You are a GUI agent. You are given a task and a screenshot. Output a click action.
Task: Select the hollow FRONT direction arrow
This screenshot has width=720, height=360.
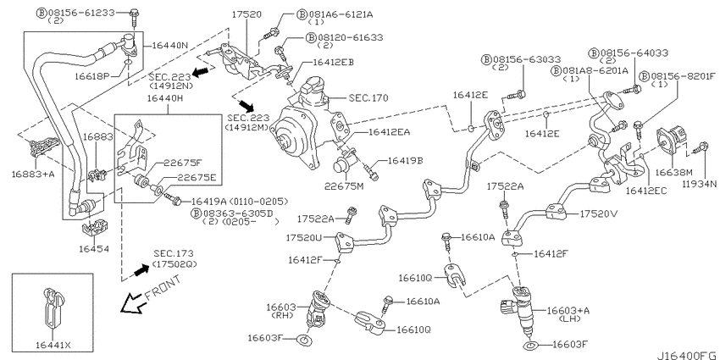point(131,302)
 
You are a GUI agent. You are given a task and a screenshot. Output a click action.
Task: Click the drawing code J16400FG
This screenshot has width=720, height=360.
point(688,356)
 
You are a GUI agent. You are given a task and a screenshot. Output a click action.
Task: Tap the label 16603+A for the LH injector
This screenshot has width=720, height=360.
point(568,311)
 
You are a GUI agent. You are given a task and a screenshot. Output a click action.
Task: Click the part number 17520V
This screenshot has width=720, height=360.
point(595,213)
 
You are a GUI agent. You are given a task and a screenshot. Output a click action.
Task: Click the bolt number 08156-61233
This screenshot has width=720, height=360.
point(85,13)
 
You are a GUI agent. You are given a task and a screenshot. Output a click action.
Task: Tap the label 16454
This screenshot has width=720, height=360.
point(94,249)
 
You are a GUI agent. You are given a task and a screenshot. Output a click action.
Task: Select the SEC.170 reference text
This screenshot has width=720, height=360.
point(368,97)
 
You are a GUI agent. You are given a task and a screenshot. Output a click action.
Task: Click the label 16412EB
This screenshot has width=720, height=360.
point(334,61)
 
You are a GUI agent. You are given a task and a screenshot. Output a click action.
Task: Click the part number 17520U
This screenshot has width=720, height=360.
point(303,237)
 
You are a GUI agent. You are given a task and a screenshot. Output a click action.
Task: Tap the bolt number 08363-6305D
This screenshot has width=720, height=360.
point(237,213)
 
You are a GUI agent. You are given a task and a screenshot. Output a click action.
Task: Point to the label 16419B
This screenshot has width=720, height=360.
point(405,161)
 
